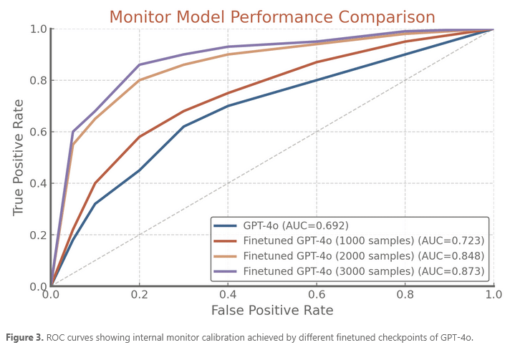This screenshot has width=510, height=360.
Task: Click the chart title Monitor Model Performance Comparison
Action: pos(271,16)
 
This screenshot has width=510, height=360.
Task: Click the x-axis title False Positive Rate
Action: pos(271,311)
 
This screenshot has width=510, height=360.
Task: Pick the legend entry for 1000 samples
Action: pos(364,241)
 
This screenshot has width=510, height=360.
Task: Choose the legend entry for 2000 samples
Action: pos(364,256)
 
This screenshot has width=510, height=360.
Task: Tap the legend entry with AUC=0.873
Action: pos(364,271)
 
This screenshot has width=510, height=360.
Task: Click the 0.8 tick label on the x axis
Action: pos(405,294)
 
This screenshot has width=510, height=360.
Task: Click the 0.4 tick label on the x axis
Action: pos(228,294)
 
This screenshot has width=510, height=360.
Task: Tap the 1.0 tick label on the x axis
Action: pos(493,294)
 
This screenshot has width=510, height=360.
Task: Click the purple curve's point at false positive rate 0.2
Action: pos(139,64)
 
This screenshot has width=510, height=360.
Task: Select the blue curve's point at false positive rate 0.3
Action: pos(183,127)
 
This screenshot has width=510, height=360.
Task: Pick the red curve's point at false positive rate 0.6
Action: pos(316,62)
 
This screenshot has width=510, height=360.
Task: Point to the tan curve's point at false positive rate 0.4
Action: pos(228,54)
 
